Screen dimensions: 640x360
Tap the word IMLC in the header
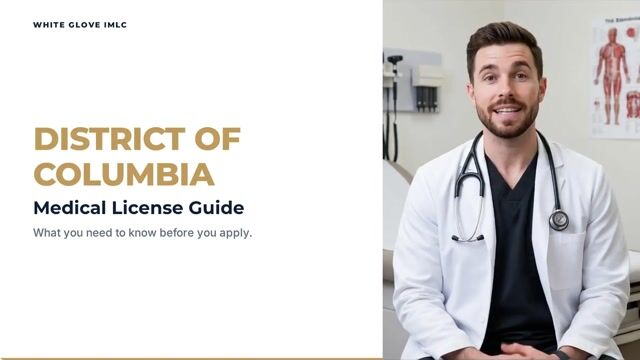tap(116, 25)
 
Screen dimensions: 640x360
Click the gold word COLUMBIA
tap(124, 174)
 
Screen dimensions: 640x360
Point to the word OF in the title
tap(218, 139)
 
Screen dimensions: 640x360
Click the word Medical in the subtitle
tap(70, 208)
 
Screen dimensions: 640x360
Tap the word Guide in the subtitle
tap(216, 208)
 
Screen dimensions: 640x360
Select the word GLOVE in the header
tap(84, 25)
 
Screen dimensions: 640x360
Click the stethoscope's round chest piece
tap(559, 220)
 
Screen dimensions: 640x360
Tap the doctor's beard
tap(507, 118)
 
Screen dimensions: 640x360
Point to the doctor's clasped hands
tap(521, 351)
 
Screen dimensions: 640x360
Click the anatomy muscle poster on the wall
tap(616, 78)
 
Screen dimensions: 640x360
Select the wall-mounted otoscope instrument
tap(394, 106)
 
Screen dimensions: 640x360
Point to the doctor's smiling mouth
tap(507, 109)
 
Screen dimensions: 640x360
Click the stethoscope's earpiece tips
tap(468, 238)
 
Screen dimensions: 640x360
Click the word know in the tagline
tap(142, 233)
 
